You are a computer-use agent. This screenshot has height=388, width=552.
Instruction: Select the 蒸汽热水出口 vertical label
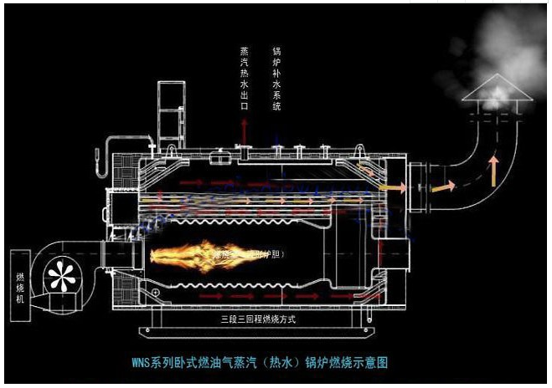coord(244,79)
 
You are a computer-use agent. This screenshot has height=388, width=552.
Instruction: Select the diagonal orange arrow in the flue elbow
coord(441,187)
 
